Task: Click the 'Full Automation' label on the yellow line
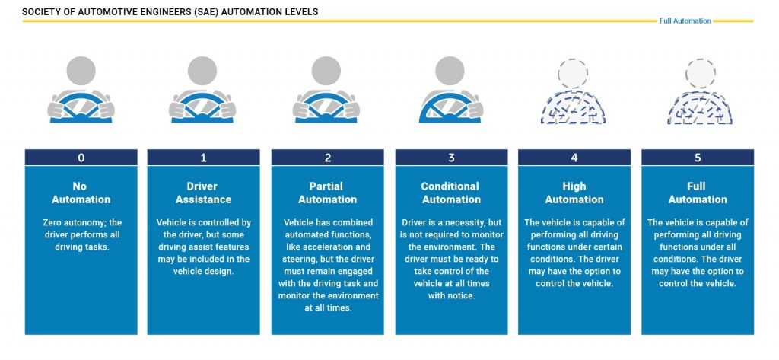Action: coord(685,21)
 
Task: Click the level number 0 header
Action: coord(81,158)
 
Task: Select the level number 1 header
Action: coord(204,158)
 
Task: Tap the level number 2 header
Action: coord(328,158)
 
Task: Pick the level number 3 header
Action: coord(451,158)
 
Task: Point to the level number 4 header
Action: coord(574,158)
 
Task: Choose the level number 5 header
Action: coord(698,158)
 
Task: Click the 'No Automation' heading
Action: coord(81,193)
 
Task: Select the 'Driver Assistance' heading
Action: coord(204,193)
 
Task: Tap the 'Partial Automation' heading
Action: coord(328,193)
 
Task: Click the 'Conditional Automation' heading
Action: coord(451,193)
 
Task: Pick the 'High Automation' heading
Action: coord(574,193)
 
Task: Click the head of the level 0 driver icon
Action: coord(81,72)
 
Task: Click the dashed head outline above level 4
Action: coord(574,72)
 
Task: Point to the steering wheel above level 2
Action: coord(327,109)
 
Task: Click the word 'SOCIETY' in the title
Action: coord(43,12)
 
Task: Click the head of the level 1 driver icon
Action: coord(204,72)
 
